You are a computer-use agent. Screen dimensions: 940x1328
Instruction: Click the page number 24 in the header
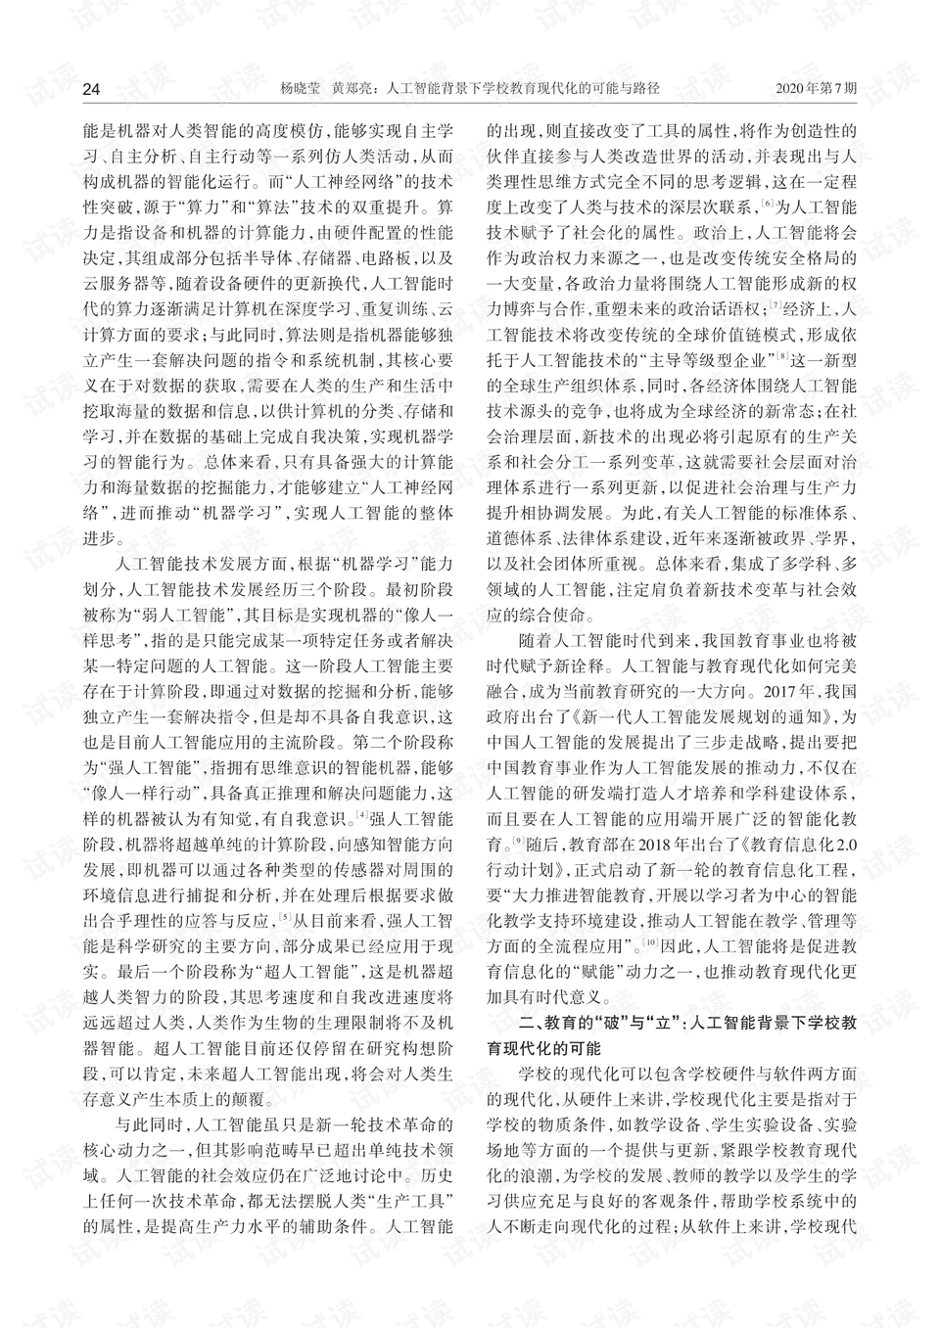91,89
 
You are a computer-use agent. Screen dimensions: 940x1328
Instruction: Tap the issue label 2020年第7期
817,89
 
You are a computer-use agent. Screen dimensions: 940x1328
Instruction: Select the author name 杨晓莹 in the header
301,89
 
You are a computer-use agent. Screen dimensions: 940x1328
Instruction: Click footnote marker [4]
362,814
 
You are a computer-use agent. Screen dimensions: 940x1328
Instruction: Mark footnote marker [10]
650,943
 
